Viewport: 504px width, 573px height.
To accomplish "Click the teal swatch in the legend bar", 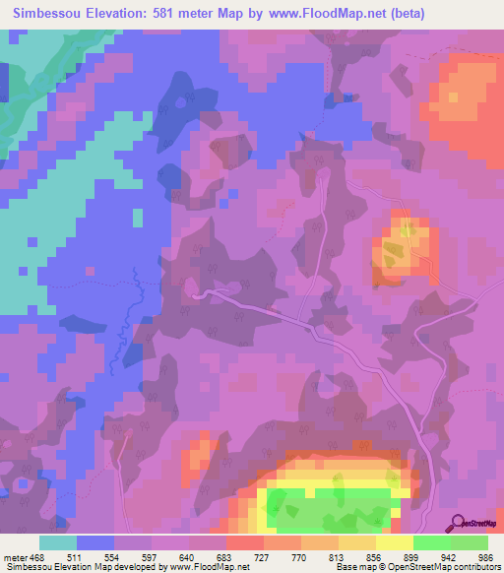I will (x=58, y=542).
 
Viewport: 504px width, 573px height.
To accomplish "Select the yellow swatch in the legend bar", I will (x=395, y=542).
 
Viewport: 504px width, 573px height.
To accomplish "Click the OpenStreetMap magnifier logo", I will (x=459, y=523).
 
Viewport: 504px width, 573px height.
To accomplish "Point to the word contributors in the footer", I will (x=473, y=567).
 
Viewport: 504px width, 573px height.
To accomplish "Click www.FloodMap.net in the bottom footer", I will (x=210, y=567).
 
